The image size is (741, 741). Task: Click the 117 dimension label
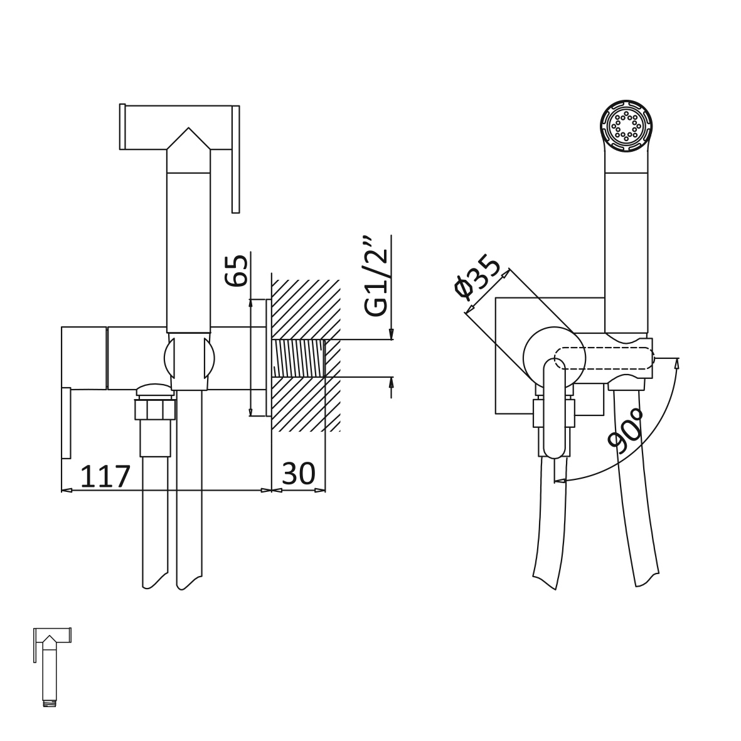tap(105, 476)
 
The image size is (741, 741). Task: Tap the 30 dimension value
tap(298, 473)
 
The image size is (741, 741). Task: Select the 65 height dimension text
tap(237, 270)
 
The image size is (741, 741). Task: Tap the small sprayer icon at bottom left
tap(52, 667)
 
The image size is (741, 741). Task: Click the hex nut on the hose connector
tap(155, 409)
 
